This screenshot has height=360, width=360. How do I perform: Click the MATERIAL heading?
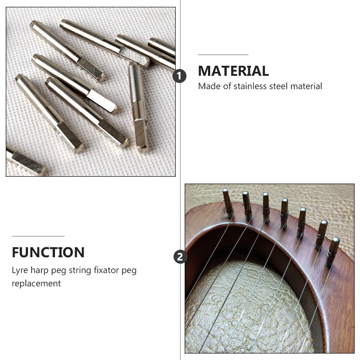click(233, 71)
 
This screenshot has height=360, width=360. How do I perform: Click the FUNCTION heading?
click(48, 253)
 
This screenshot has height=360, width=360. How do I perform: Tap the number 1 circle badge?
click(180, 76)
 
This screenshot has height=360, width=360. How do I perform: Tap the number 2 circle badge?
click(180, 257)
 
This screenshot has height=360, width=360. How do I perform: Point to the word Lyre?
click(20, 271)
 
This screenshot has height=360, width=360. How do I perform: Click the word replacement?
click(36, 283)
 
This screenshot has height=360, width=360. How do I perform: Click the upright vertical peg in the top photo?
click(139, 107)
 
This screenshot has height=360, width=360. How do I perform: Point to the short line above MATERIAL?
click(223, 55)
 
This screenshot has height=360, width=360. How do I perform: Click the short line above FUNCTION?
click(38, 236)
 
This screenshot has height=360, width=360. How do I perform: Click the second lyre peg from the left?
click(247, 205)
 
